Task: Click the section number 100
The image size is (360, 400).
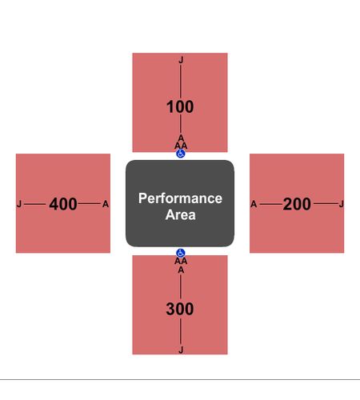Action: point(180,106)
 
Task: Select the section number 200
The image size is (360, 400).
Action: point(297,204)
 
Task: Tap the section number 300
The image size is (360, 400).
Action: point(180,309)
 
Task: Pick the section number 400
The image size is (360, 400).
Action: point(63,204)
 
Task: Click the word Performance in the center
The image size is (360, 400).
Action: point(180,198)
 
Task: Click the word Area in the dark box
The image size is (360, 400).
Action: point(180,214)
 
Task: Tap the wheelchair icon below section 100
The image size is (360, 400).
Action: point(181,154)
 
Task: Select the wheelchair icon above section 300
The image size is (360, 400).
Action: point(181,253)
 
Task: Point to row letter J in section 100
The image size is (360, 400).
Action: point(181,60)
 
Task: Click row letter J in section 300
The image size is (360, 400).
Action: point(181,350)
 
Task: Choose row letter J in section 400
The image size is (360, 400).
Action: point(19,205)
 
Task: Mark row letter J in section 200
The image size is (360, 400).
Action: point(342,205)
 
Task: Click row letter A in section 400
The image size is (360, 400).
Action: point(106,204)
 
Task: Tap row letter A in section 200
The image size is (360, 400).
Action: point(254,204)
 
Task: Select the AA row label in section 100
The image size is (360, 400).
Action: point(181,146)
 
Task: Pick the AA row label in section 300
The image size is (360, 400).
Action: point(181,261)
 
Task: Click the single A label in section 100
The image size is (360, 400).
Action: point(181,138)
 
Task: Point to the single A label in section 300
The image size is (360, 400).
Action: point(181,270)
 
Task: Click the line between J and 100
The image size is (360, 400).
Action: point(181,82)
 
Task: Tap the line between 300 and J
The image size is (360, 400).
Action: point(181,331)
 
